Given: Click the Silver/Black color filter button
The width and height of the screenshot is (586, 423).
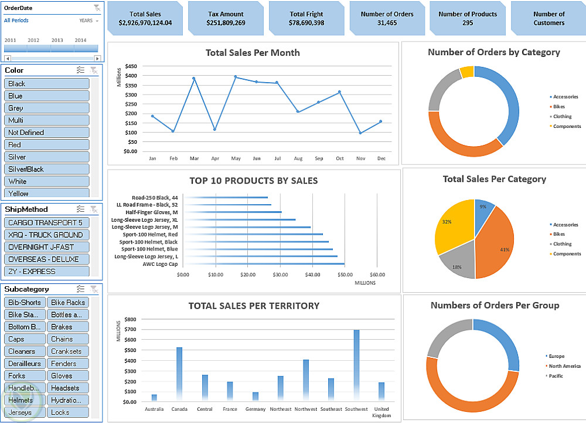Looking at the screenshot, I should pos(46,169).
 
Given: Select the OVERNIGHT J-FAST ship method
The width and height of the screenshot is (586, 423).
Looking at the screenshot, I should pos(46,247).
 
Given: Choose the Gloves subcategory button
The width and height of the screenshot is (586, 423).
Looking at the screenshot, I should pos(67,375).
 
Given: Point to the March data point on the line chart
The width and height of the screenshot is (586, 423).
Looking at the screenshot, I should pos(194,78).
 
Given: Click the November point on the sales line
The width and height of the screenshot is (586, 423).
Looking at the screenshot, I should pos(360,133).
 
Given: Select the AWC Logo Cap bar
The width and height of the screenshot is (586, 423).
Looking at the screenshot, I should pos(264,264).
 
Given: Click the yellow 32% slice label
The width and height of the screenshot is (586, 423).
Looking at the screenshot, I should pos(447,222).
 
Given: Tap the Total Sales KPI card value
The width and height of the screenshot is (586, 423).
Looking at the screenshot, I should pos(145,23).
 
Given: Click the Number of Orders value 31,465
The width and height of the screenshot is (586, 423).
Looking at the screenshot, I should pos(387,23).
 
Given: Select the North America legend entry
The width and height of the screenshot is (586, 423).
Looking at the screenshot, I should pos(564,366).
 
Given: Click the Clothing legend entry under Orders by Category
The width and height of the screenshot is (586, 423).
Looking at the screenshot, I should pos(562,117).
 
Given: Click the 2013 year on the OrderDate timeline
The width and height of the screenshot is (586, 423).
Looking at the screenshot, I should pos(57,40).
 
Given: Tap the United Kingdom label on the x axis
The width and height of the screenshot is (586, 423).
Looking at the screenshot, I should pos(381,412).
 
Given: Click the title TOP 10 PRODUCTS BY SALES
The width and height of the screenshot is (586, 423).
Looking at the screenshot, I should pos(253,181).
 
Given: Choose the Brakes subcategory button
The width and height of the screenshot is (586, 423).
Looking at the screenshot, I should pos(67,327).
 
